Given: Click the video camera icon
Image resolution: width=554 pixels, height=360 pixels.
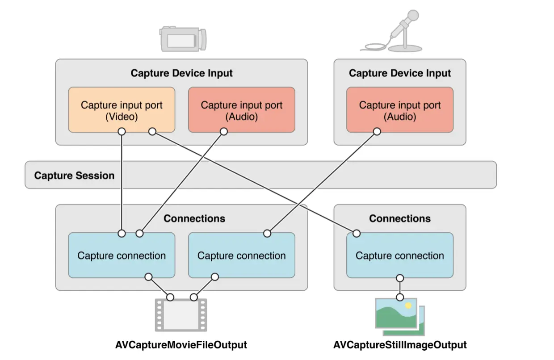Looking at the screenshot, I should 183,39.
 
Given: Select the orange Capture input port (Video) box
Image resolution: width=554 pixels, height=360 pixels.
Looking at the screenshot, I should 122,110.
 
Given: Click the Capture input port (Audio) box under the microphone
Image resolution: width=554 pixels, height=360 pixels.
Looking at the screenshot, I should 400,110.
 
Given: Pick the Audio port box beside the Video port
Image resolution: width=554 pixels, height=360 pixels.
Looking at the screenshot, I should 241,110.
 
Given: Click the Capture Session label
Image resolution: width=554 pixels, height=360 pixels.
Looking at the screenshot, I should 74,175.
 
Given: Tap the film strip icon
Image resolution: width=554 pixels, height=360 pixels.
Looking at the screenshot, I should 181,315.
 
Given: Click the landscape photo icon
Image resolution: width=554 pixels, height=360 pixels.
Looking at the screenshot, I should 399,316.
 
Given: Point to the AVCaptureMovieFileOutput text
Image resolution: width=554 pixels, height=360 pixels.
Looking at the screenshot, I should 181,345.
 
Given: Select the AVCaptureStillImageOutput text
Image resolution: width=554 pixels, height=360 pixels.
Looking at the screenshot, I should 400,345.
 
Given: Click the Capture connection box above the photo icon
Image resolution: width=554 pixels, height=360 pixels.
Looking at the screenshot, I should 400,255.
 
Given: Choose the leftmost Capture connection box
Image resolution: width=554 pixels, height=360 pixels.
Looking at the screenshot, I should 122,255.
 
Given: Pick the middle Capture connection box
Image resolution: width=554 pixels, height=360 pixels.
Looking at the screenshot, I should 241,255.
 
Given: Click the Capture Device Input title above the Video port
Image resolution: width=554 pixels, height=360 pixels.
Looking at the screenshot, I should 181,73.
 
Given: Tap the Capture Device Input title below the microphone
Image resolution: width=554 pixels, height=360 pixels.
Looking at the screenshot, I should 400,73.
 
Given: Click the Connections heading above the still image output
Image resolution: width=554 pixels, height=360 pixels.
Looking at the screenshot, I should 400,218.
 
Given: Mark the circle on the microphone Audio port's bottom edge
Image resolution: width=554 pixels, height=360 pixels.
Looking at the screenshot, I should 377,132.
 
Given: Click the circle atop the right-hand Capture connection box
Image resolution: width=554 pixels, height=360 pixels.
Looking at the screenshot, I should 357,233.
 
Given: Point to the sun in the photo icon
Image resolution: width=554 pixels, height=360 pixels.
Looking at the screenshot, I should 407,306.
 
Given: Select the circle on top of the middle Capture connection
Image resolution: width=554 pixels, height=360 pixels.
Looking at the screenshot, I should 267,233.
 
